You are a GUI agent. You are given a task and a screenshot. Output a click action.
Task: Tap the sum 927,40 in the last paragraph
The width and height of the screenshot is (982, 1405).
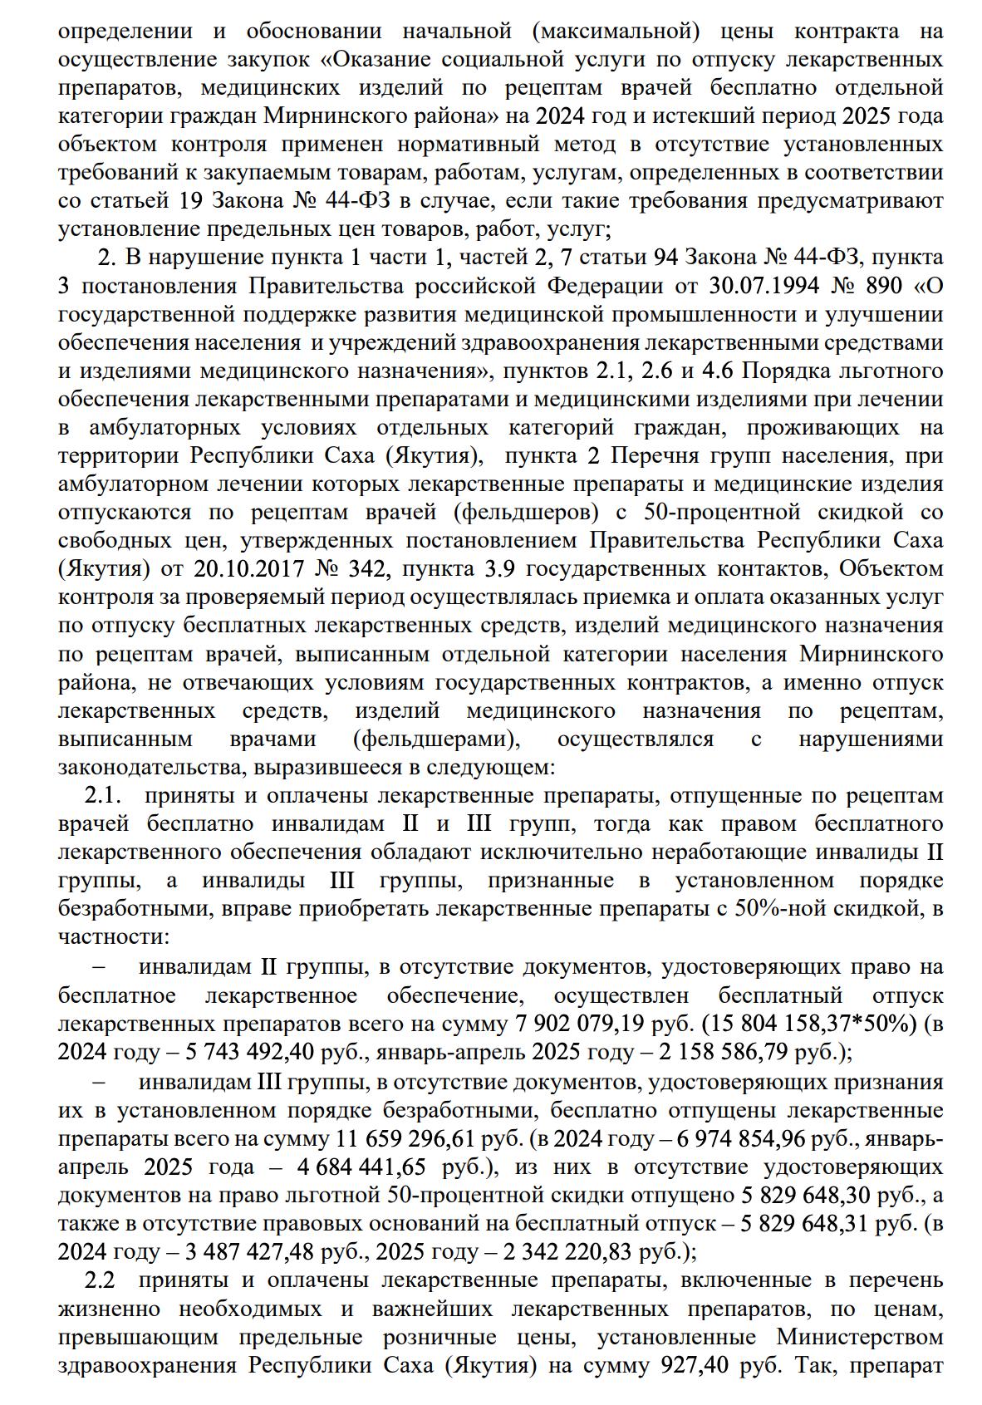coord(693,1366)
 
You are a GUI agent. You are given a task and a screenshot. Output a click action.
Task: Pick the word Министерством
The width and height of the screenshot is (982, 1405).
coord(859,1338)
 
